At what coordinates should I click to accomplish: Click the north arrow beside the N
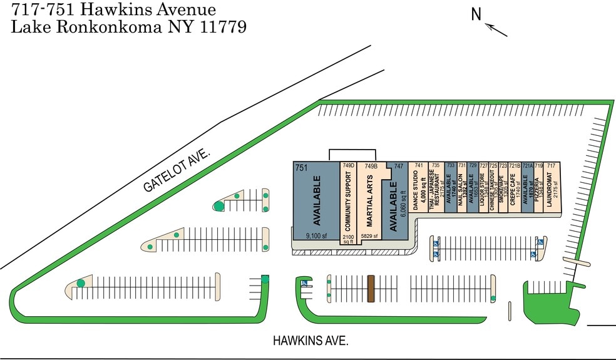(x=497, y=29)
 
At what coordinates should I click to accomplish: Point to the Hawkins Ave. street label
(x=310, y=341)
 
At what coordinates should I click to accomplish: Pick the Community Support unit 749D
(x=347, y=203)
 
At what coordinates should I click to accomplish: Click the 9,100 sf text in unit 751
(x=317, y=236)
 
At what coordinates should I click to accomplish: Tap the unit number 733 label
(x=449, y=165)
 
